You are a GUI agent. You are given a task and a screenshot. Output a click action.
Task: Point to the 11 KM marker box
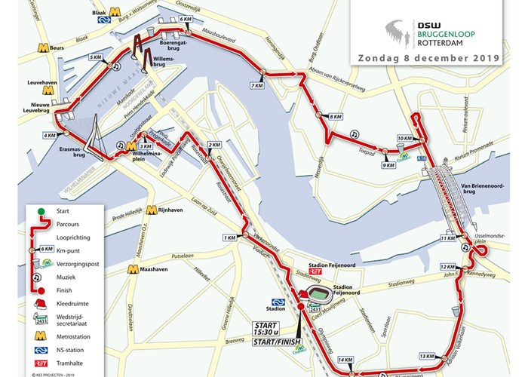[x=447, y=239]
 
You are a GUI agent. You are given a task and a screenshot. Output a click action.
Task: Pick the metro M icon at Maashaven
[x=133, y=268]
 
